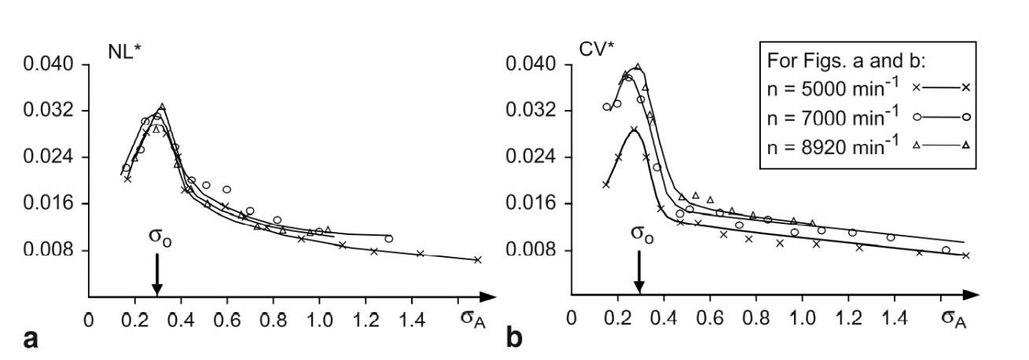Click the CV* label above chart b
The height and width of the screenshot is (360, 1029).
tap(595, 53)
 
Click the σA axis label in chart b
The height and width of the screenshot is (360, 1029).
tap(954, 319)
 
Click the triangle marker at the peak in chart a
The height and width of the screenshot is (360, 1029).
tap(162, 106)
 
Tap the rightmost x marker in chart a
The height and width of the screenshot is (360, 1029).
tap(477, 259)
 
